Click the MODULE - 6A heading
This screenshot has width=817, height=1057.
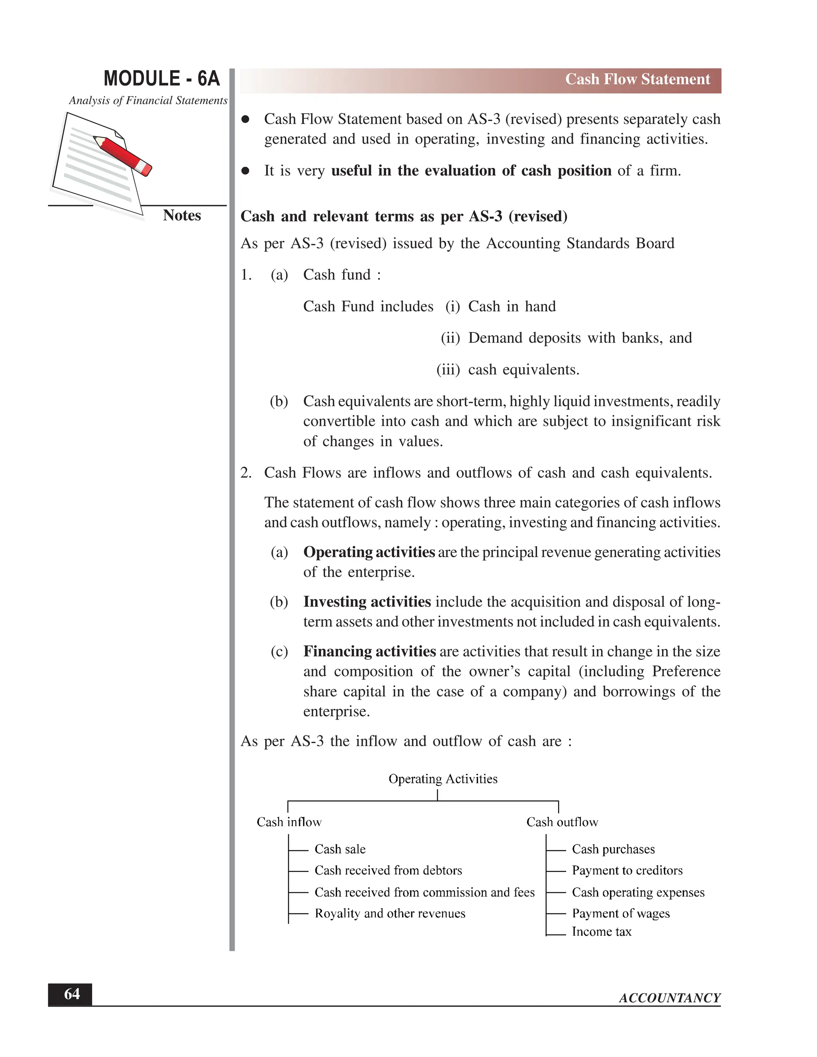point(162,79)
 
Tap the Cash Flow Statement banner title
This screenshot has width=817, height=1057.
point(637,79)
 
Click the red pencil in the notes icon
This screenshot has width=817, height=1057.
point(123,155)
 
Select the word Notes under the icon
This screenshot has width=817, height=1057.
point(182,215)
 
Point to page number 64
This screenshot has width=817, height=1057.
point(72,994)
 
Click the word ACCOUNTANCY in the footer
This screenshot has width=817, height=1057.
point(669,998)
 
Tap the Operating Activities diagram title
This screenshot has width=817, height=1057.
point(443,779)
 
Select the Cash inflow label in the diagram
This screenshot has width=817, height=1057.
point(289,822)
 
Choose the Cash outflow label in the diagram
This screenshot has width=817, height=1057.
point(562,822)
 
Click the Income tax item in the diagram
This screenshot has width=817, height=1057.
point(601,932)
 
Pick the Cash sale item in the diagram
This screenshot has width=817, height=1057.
point(340,849)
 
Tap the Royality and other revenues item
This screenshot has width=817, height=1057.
point(390,913)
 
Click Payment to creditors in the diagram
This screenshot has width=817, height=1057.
point(627,870)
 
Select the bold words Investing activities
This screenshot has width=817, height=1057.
point(367,601)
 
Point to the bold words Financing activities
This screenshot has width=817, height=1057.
point(369,651)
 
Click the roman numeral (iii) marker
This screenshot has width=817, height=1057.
point(448,370)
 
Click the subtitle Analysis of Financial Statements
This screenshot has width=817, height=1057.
point(148,100)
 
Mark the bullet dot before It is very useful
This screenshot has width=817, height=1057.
point(245,171)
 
